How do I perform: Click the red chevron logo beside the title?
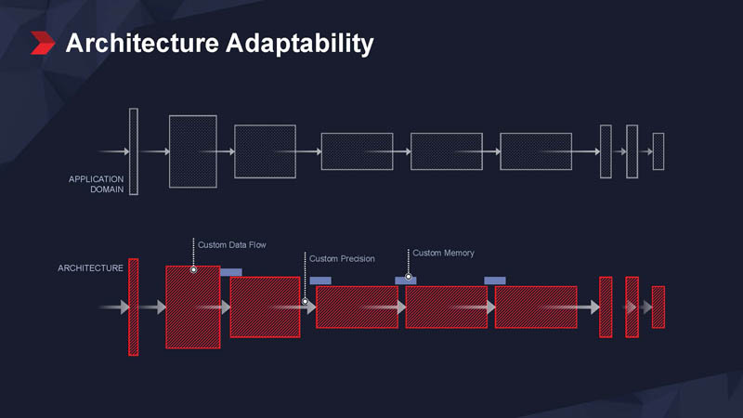coord(43,43)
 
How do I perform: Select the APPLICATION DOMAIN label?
coord(97,184)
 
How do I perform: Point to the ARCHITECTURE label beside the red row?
coord(90,268)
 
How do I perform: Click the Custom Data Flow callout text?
coord(232,245)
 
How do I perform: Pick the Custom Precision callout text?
coord(342,258)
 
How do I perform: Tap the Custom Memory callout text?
coord(443,253)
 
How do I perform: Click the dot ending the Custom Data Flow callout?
coord(193,269)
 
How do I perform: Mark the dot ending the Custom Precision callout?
coord(305,301)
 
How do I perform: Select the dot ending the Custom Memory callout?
coord(408,277)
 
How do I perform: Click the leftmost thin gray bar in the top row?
coord(134,151)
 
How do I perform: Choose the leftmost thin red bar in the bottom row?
coord(134,307)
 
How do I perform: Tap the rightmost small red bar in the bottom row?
coord(658,307)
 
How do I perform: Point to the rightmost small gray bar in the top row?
coord(658,151)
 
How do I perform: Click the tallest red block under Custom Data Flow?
coord(193,307)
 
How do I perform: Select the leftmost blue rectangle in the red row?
coord(231,272)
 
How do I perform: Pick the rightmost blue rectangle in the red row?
coord(495,281)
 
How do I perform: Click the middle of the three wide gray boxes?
coord(447,151)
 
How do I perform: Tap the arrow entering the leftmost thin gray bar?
coord(113,151)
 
